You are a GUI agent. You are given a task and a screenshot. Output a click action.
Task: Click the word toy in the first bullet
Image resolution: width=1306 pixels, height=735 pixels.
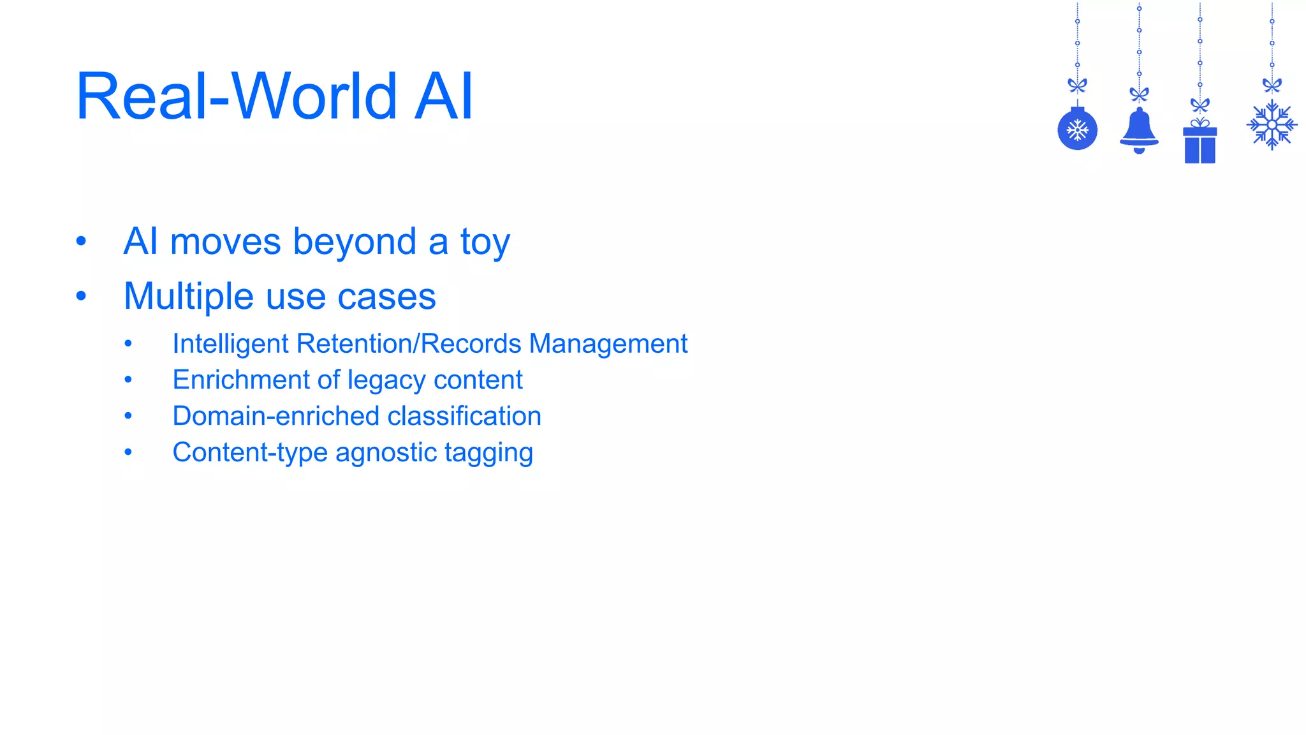tap(485, 242)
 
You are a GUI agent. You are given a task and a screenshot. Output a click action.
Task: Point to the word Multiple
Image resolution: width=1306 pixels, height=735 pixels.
tap(189, 297)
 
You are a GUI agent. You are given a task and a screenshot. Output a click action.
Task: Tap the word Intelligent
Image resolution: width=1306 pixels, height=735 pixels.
tap(231, 344)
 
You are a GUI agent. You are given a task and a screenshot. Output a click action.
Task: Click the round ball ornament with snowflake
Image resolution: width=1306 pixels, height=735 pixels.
tap(1077, 130)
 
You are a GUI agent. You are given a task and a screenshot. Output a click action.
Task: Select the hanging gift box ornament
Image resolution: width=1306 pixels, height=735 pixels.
tap(1200, 144)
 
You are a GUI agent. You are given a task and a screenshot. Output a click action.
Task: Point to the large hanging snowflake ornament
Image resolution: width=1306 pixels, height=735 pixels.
tap(1272, 125)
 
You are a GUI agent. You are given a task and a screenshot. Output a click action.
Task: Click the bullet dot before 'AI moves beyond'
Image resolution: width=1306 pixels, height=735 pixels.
tap(81, 241)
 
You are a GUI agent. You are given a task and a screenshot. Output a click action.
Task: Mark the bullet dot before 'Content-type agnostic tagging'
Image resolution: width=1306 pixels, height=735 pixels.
tap(128, 452)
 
